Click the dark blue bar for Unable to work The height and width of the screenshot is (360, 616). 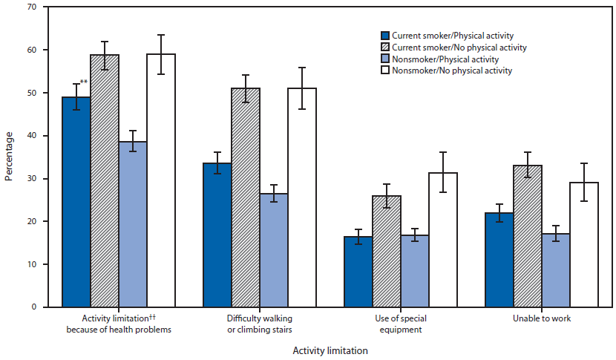pos(499,260)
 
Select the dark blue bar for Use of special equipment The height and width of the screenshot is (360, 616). pos(358,272)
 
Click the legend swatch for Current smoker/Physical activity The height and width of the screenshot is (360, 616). pos(384,36)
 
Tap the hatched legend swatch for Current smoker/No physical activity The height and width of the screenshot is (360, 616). pos(384,48)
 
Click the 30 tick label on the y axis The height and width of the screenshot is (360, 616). pos(35,178)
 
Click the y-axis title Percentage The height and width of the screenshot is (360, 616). pos(9,157)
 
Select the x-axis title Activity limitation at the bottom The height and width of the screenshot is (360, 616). pos(330,350)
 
